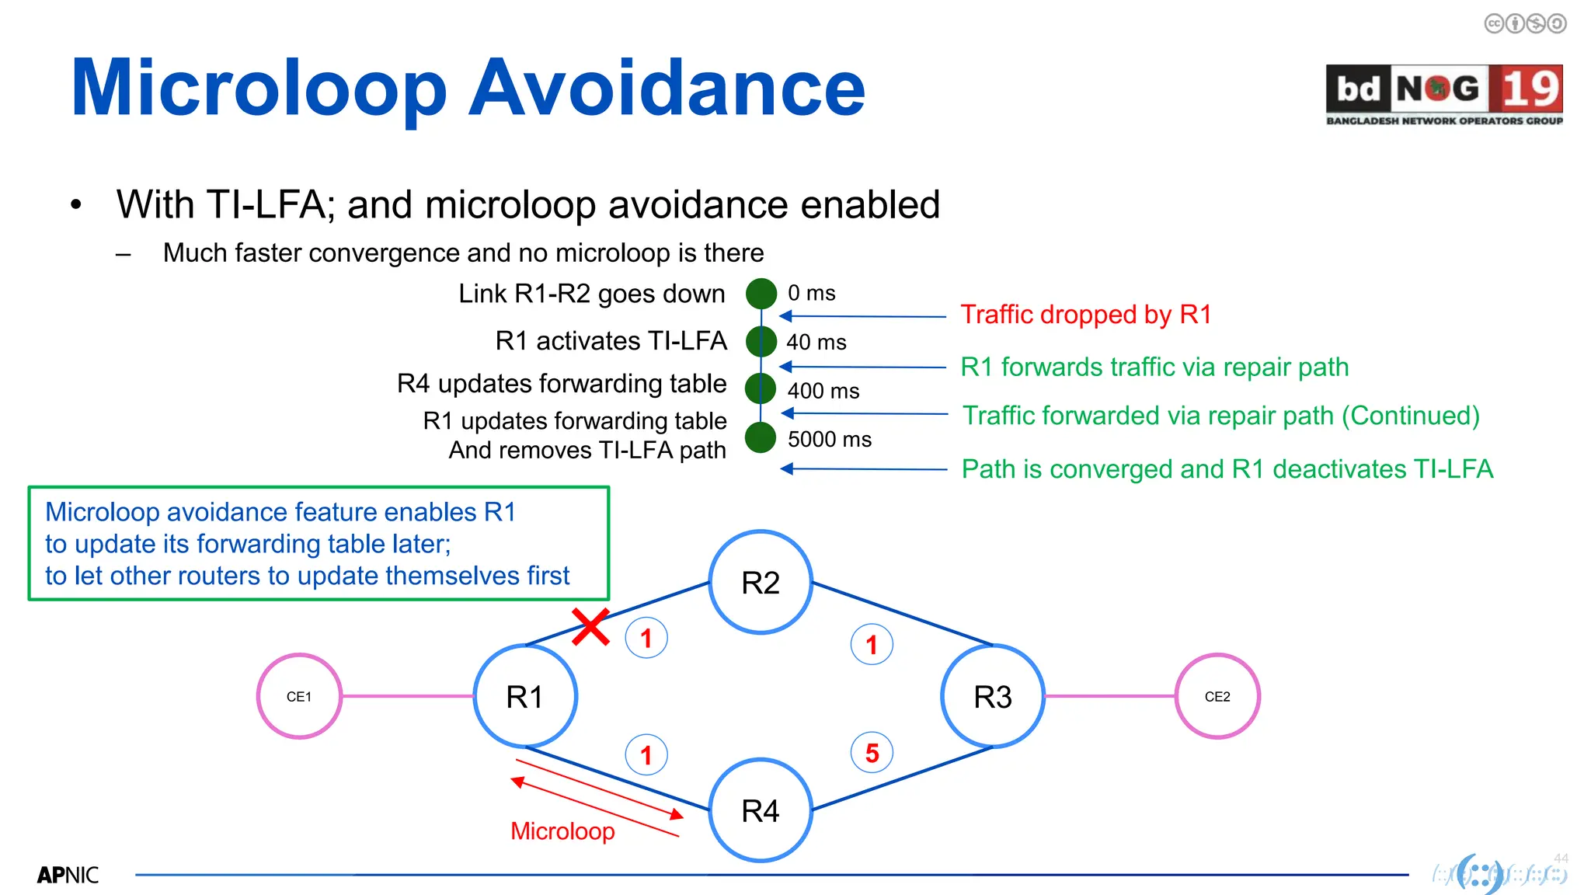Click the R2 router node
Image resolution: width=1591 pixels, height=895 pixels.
click(x=761, y=583)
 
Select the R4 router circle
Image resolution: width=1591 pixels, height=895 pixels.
click(x=761, y=810)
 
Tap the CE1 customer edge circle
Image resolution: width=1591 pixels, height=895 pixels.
click(x=299, y=696)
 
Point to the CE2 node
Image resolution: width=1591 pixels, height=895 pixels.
click(x=1217, y=696)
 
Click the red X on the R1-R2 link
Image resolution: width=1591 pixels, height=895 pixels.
click(x=590, y=627)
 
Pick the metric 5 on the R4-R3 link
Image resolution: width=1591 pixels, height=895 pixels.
click(x=872, y=753)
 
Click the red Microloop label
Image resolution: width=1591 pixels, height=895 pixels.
click(x=562, y=831)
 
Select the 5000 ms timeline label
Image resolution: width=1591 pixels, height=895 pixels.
click(x=829, y=440)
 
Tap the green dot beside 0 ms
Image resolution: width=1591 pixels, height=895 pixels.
click(x=761, y=294)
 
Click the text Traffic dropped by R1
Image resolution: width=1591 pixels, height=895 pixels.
click(x=1085, y=315)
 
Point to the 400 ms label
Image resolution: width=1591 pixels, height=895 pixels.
click(x=823, y=391)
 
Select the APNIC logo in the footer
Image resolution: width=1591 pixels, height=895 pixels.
click(x=68, y=876)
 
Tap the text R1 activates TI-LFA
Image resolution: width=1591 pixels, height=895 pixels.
click(x=611, y=341)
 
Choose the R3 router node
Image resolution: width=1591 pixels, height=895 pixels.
click(x=992, y=696)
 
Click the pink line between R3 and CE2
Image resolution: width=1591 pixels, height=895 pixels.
click(x=1109, y=696)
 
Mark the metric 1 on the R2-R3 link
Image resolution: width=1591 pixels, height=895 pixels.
click(x=872, y=644)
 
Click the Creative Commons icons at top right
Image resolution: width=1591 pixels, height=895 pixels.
click(x=1525, y=24)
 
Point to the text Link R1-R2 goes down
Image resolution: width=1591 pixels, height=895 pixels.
click(x=591, y=294)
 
